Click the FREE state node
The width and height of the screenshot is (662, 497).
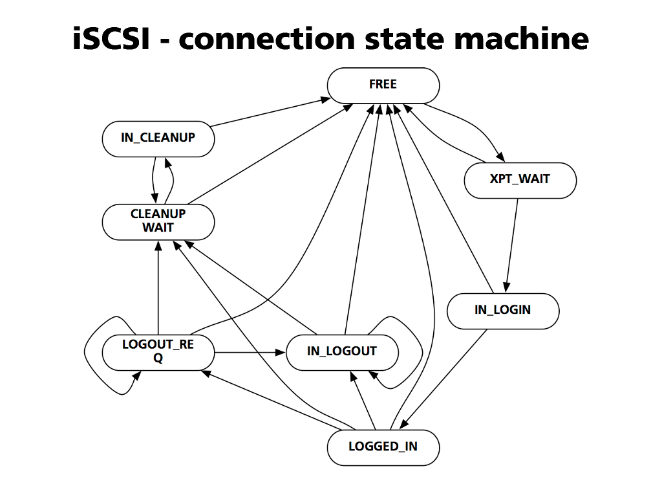(x=383, y=85)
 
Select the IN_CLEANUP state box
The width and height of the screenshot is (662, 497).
(x=158, y=138)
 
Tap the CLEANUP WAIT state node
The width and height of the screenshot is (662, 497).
(x=158, y=221)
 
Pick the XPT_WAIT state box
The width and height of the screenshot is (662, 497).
(x=520, y=179)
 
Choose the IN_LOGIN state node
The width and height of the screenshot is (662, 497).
(x=502, y=310)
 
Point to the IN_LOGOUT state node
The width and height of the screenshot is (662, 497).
(x=341, y=352)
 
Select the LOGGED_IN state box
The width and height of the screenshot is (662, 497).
(x=383, y=447)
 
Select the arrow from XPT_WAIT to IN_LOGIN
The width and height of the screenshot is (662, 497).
(x=511, y=246)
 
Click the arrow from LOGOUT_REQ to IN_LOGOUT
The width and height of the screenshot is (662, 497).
(x=250, y=353)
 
